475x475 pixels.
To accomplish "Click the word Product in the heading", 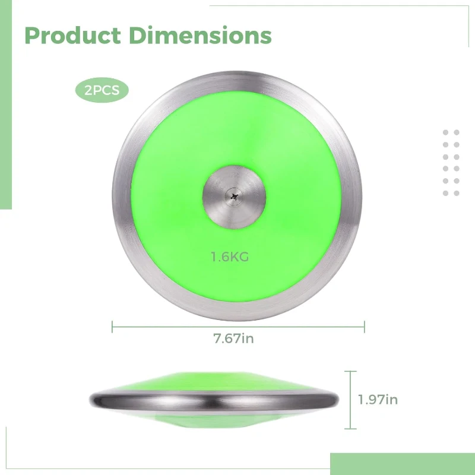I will [x=72, y=36].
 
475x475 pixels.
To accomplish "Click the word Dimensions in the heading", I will [x=200, y=36].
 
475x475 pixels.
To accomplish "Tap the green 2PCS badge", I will [x=102, y=91].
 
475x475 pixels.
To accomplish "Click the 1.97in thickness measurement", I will [x=378, y=400].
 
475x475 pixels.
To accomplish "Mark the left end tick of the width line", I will [x=113, y=325].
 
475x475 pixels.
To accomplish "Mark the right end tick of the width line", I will [x=365, y=325].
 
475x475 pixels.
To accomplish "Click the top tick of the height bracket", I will [x=350, y=372].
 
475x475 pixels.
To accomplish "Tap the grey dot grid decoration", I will [x=451, y=163].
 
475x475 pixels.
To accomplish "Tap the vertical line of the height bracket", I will [x=350, y=400].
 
